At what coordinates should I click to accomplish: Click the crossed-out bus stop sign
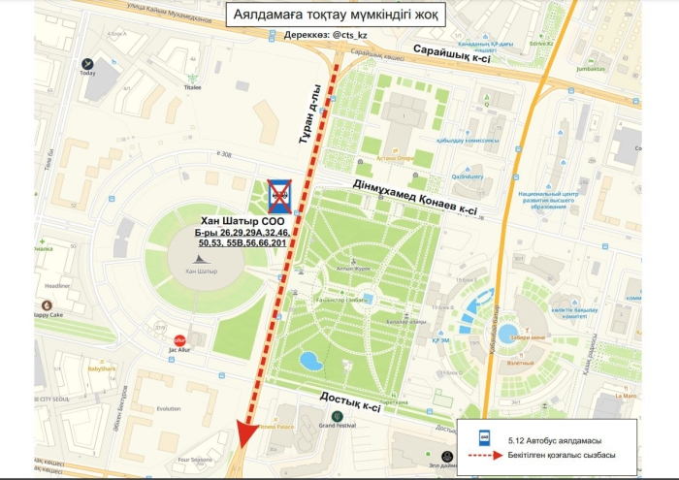(280, 195)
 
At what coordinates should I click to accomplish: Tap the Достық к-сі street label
(345, 401)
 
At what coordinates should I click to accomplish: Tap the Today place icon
(88, 62)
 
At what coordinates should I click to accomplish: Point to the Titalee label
(193, 87)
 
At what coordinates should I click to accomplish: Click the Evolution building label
(169, 408)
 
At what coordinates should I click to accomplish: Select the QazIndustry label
(467, 176)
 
